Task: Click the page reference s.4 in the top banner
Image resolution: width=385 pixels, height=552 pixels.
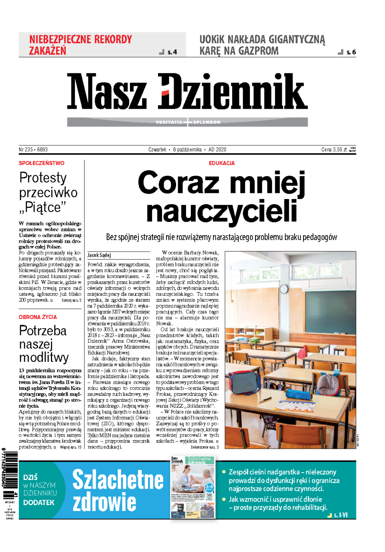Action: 172,52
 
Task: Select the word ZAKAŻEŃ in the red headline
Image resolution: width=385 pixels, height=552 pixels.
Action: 47,51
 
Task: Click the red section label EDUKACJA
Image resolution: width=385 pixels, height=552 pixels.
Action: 222,163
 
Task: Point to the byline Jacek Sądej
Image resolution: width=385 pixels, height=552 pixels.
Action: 99,255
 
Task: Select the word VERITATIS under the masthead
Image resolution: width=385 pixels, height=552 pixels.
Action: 168,122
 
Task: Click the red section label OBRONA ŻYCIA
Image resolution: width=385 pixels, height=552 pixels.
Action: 38,317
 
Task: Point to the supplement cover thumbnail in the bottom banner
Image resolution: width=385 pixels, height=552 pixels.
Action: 192,487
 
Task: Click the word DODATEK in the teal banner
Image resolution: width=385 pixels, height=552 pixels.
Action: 39,503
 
